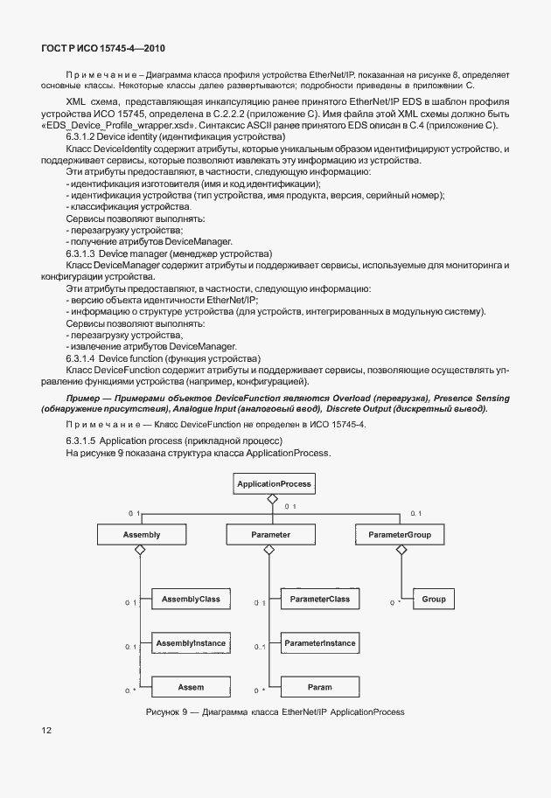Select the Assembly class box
coord(129,533)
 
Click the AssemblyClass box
coord(191,599)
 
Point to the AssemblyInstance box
coord(191,643)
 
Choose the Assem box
coord(191,687)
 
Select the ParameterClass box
coord(319,599)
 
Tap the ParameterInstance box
coord(319,643)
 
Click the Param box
coord(319,687)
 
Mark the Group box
coord(433,599)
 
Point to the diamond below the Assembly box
coord(137,550)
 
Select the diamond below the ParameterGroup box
coord(401,550)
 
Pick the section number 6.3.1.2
coord(82,138)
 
